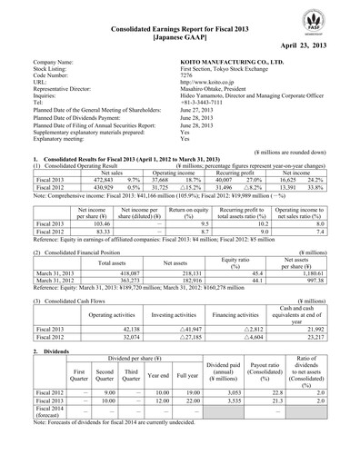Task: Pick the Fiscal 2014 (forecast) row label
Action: pos(42,387)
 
